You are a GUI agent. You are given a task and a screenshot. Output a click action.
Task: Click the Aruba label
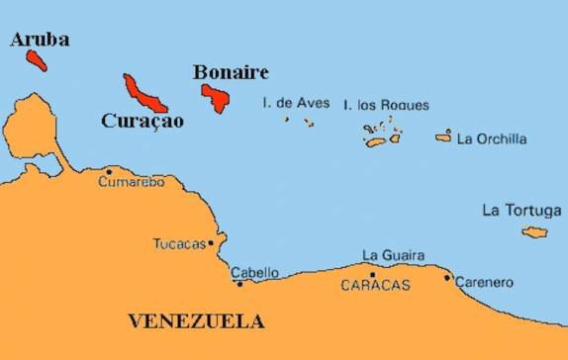(x=39, y=39)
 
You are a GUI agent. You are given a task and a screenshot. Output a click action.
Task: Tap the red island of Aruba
(x=37, y=59)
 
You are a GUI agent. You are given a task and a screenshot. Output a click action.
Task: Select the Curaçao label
(x=142, y=121)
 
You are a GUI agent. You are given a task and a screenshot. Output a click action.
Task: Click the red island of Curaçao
(x=144, y=94)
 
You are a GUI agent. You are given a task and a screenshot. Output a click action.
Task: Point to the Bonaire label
(x=231, y=72)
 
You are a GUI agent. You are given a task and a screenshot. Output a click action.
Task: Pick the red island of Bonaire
(x=216, y=97)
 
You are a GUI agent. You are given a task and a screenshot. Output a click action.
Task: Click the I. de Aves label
(x=296, y=103)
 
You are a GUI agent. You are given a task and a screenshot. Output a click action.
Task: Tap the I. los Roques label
(x=386, y=105)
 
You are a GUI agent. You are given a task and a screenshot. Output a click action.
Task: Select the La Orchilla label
(x=492, y=139)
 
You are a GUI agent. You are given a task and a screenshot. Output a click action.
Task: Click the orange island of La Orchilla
(x=443, y=136)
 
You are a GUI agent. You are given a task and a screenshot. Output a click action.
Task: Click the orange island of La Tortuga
(x=535, y=232)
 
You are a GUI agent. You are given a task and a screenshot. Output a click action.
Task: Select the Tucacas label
(x=179, y=243)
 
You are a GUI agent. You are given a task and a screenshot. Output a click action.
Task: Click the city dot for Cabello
(x=239, y=284)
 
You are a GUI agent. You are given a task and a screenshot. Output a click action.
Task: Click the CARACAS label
(x=374, y=285)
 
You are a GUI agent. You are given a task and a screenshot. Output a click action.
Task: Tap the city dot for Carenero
(x=447, y=278)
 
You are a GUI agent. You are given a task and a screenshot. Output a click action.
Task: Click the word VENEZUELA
(x=197, y=321)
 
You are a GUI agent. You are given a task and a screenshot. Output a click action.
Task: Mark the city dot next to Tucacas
(x=210, y=243)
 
